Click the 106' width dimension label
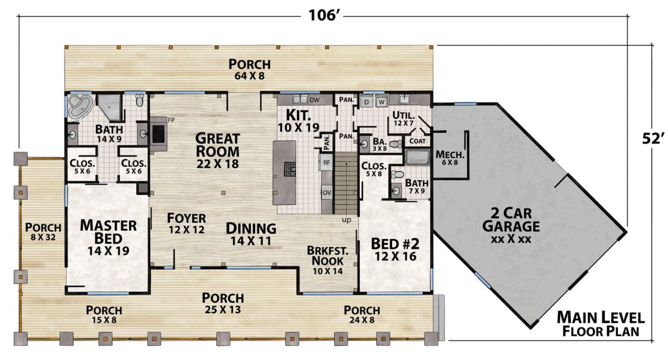click(324, 15)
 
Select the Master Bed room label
click(108, 238)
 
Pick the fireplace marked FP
click(159, 134)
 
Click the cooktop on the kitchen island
click(289, 169)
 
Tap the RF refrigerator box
click(327, 162)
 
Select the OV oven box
click(327, 193)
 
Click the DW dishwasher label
click(315, 100)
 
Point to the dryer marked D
click(367, 102)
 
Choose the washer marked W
click(381, 102)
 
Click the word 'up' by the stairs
click(347, 220)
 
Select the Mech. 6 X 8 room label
click(450, 158)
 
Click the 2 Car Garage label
click(511, 225)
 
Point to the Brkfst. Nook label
click(328, 260)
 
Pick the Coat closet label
click(417, 141)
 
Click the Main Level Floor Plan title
click(601, 324)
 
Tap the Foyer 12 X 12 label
click(186, 223)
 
